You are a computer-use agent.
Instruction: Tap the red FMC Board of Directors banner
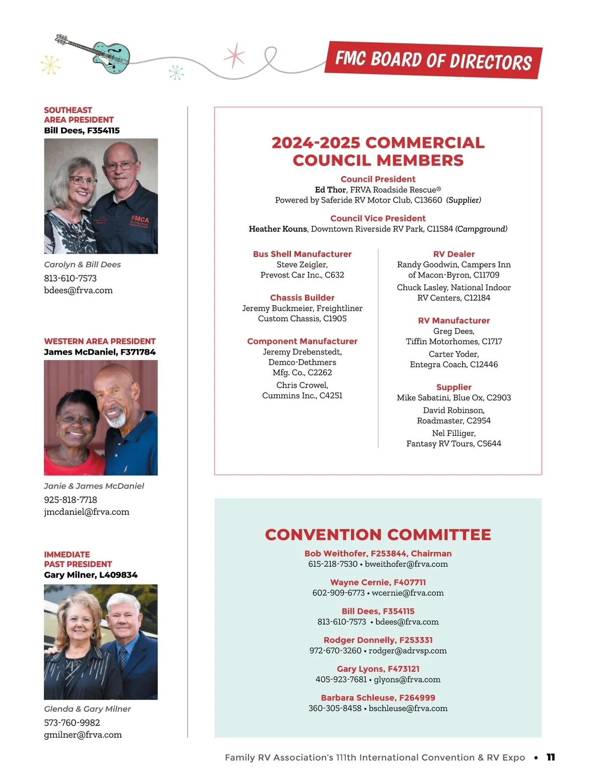(x=433, y=60)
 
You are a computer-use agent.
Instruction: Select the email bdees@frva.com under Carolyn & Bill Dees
(x=78, y=290)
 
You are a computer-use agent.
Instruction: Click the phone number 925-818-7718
(x=70, y=499)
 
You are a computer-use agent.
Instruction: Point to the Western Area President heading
(x=100, y=341)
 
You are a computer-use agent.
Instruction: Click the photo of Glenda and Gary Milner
(x=101, y=642)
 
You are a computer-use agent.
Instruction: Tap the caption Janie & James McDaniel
(x=94, y=486)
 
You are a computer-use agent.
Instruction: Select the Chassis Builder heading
(x=302, y=298)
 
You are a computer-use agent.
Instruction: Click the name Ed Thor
(x=330, y=190)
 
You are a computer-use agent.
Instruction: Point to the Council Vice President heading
(x=378, y=218)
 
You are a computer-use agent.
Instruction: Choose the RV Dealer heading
(x=454, y=254)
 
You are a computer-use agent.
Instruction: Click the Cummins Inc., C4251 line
(x=302, y=395)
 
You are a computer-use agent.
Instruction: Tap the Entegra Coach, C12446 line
(x=454, y=364)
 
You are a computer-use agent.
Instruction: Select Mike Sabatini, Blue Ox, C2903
(x=454, y=397)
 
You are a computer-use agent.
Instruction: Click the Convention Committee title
(x=378, y=534)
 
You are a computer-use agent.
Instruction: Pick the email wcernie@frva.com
(x=408, y=592)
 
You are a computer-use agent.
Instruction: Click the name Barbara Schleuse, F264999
(x=378, y=698)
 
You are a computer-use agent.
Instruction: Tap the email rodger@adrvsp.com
(x=408, y=650)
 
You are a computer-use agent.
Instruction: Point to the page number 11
(x=551, y=757)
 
